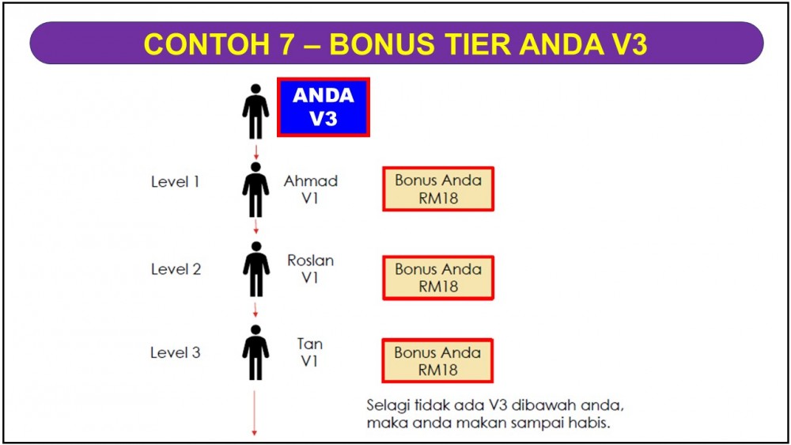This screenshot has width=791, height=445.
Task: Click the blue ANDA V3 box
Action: point(324,107)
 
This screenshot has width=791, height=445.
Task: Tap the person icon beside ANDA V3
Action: point(255,112)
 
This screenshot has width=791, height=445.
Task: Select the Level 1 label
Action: point(175,182)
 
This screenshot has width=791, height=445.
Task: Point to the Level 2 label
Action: point(176,269)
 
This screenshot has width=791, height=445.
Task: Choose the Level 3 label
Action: point(175,352)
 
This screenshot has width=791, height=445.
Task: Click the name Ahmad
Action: point(311,181)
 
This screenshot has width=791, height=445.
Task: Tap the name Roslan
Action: point(311,261)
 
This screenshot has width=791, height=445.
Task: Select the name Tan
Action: point(310,344)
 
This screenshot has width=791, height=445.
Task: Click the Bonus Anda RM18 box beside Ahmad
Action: point(438,189)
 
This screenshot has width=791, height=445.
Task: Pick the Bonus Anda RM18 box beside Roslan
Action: point(438,278)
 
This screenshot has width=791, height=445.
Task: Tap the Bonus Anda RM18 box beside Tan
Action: point(437,360)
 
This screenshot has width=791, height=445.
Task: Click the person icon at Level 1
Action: point(255,190)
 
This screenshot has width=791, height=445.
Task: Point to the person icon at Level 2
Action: point(256,269)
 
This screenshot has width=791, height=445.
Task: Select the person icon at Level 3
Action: point(255,352)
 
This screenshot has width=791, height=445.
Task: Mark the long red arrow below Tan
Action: point(254,413)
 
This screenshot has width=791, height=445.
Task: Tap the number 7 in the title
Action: point(286,44)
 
